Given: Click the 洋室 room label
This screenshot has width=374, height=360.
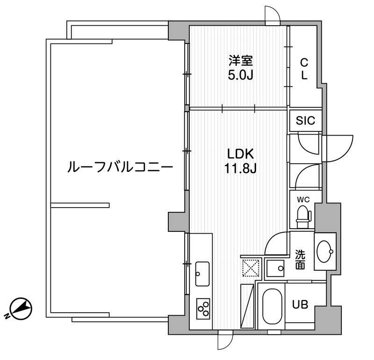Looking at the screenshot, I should coord(240,60).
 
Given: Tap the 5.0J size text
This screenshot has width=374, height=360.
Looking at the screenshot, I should coord(240,75).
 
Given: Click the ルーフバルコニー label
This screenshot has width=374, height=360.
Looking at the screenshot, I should coord(121,166).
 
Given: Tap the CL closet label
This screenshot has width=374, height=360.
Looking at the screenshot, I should coord(304,68).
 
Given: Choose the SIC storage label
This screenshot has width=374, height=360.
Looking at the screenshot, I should coord(306,121).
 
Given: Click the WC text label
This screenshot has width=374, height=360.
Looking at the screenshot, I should coord(304,200).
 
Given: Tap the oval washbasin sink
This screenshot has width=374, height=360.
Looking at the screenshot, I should coord(324,252).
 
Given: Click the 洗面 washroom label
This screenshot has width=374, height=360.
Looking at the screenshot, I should coord(300,260).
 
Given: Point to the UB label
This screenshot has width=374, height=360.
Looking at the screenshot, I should coord(300,304).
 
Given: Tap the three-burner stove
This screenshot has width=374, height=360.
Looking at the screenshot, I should coord(203,307).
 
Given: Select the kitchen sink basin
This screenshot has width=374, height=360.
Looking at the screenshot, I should coord(202,274).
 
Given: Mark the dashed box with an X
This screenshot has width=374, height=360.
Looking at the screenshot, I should coord(251,268).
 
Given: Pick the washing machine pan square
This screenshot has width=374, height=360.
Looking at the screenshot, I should coord(276,268).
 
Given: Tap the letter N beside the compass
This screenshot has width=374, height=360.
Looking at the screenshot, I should coord(8,317).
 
